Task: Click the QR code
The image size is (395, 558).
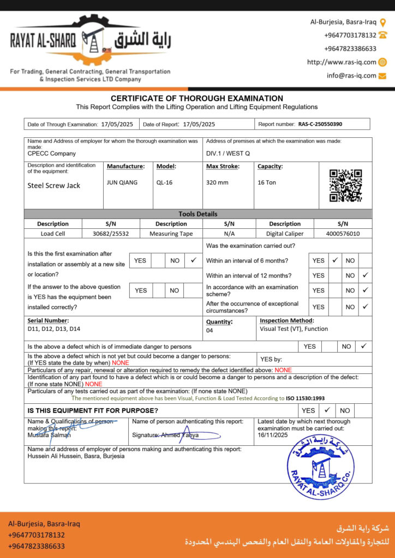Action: pos(345,185)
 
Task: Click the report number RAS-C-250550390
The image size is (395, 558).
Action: pos(320,124)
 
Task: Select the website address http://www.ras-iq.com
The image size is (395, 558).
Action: pos(342,62)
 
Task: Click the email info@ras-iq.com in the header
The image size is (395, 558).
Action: pos(351,76)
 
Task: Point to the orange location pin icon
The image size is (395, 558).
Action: pos(383,22)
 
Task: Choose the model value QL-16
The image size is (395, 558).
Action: pos(164,183)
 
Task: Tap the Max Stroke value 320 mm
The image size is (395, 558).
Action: pos(217,183)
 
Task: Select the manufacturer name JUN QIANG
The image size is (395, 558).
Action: pos(122,183)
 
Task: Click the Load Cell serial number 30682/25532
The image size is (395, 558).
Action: pos(111,234)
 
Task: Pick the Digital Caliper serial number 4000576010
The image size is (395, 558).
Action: pos(342,234)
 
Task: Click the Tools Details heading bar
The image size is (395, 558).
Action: pos(197,214)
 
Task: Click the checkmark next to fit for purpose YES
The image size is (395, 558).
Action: pos(327,410)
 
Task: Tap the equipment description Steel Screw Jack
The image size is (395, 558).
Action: pos(54,185)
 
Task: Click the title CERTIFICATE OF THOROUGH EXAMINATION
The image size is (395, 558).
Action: pos(197,98)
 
